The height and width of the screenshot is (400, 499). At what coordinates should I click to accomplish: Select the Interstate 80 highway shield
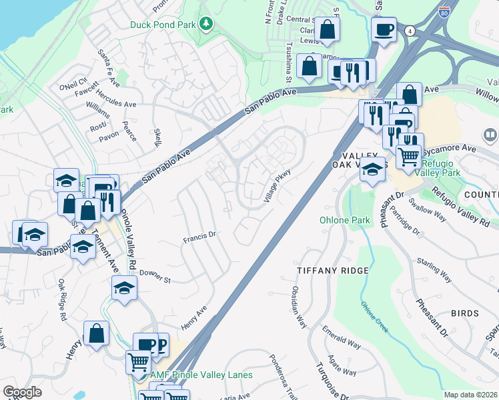click(445, 9)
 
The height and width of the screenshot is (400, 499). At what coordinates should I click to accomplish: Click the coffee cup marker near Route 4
click(384, 30)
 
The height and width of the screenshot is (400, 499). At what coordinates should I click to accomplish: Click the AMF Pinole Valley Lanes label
click(201, 375)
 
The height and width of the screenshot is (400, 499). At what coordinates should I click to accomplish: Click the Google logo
click(22, 392)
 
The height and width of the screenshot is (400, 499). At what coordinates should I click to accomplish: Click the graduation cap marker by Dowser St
click(124, 288)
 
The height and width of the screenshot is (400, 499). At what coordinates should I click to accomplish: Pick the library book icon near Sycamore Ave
click(490, 137)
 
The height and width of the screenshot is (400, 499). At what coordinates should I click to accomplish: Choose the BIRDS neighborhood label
click(464, 313)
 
